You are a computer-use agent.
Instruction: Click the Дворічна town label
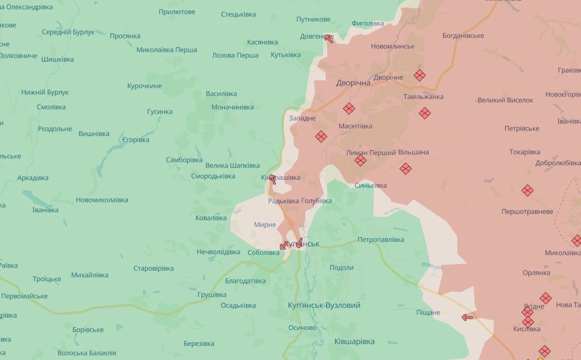pos(353,83)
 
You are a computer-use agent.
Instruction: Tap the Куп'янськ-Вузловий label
pos(324,305)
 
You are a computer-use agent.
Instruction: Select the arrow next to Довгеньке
pos(329,39)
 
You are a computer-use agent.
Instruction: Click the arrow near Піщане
pos(467,318)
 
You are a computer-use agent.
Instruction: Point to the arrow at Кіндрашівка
pos(272,179)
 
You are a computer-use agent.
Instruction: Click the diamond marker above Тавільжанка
pos(420,75)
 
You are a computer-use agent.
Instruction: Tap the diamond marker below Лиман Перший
pos(360,161)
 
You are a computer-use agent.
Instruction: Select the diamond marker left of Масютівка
pos(321,136)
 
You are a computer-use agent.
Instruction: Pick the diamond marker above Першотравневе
pos(527,190)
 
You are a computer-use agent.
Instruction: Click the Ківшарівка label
pos(354,341)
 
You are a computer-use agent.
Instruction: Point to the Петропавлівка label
pos(381,239)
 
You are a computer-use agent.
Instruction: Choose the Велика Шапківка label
pos(232,165)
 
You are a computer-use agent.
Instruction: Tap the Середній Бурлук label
pos(68,32)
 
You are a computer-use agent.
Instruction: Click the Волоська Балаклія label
pos(87,353)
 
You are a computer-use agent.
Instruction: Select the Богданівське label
pos(463,35)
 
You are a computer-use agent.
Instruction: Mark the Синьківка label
pos(371,185)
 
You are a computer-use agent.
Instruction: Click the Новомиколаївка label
pos(102,200)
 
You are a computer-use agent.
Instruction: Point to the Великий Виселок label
pos(505,100)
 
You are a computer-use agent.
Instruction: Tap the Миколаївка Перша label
pos(167,50)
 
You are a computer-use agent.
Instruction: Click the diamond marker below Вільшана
pos(405,168)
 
